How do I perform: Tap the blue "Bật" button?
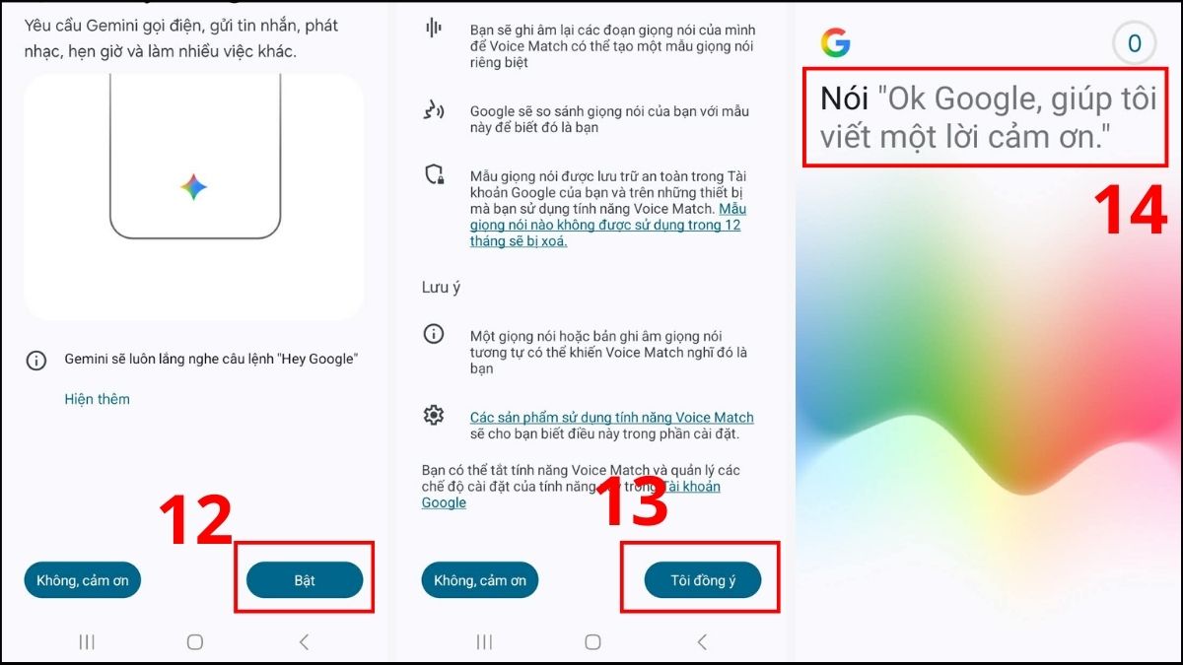click(x=305, y=579)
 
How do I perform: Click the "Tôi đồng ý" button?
click(x=702, y=579)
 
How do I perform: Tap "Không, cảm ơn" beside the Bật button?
click(x=83, y=579)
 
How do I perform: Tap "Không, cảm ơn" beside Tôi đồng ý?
click(x=479, y=579)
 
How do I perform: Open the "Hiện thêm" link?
click(x=98, y=399)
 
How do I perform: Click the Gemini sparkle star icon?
click(x=193, y=187)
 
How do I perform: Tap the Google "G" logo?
click(x=836, y=42)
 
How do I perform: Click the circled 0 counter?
click(x=1134, y=43)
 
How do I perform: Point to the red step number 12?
click(x=196, y=519)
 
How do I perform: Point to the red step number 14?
click(x=1130, y=210)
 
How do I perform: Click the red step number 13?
click(x=632, y=501)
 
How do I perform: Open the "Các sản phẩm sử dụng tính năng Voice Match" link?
click(x=611, y=418)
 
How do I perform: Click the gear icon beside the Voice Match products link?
click(x=434, y=416)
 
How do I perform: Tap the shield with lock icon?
click(x=435, y=174)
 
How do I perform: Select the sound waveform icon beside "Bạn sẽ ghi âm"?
click(x=434, y=28)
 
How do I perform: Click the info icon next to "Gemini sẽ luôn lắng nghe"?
click(x=36, y=361)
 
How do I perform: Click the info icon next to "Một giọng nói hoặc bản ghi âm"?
click(x=434, y=334)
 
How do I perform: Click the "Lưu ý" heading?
click(x=441, y=288)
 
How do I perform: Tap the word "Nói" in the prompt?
click(x=844, y=99)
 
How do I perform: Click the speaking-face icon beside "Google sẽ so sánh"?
click(x=434, y=110)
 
